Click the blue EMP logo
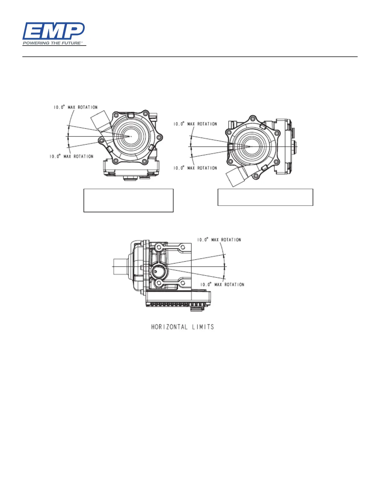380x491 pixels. coord(53,31)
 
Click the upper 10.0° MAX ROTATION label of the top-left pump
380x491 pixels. coord(75,107)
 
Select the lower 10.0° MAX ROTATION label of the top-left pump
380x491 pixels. coord(71,157)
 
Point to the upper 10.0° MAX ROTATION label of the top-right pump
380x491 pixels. coord(195,124)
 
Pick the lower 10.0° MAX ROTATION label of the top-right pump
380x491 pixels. coord(195,168)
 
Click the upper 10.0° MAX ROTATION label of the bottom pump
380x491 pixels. coord(219,240)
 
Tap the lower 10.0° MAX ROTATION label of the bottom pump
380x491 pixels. coord(222,284)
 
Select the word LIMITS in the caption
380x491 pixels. coord(203,327)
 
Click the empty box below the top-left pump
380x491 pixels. coord(128,200)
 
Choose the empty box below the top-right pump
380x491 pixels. coord(265,197)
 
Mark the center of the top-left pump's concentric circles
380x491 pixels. coord(131,136)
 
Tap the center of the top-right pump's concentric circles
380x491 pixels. coord(251,146)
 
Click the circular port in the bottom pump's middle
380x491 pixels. coord(160,272)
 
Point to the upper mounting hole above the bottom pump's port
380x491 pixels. coord(159,247)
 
